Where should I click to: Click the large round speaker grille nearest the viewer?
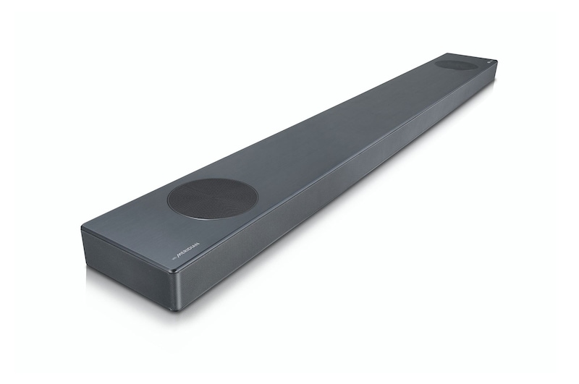pyautogui.click(x=213, y=197)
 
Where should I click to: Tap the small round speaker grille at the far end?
pyautogui.click(x=456, y=64)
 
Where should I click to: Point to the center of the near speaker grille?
pyautogui.click(x=213, y=197)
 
